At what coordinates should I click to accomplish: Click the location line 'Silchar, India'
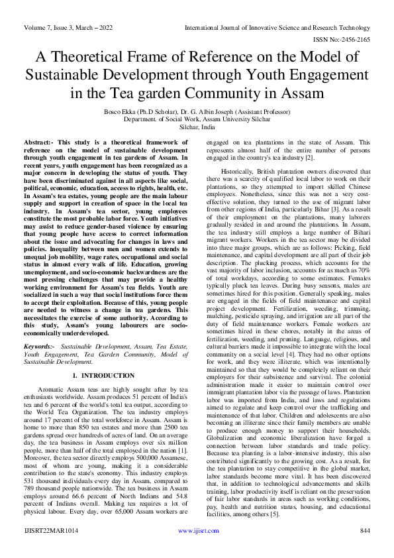pyautogui.click(x=197, y=127)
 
